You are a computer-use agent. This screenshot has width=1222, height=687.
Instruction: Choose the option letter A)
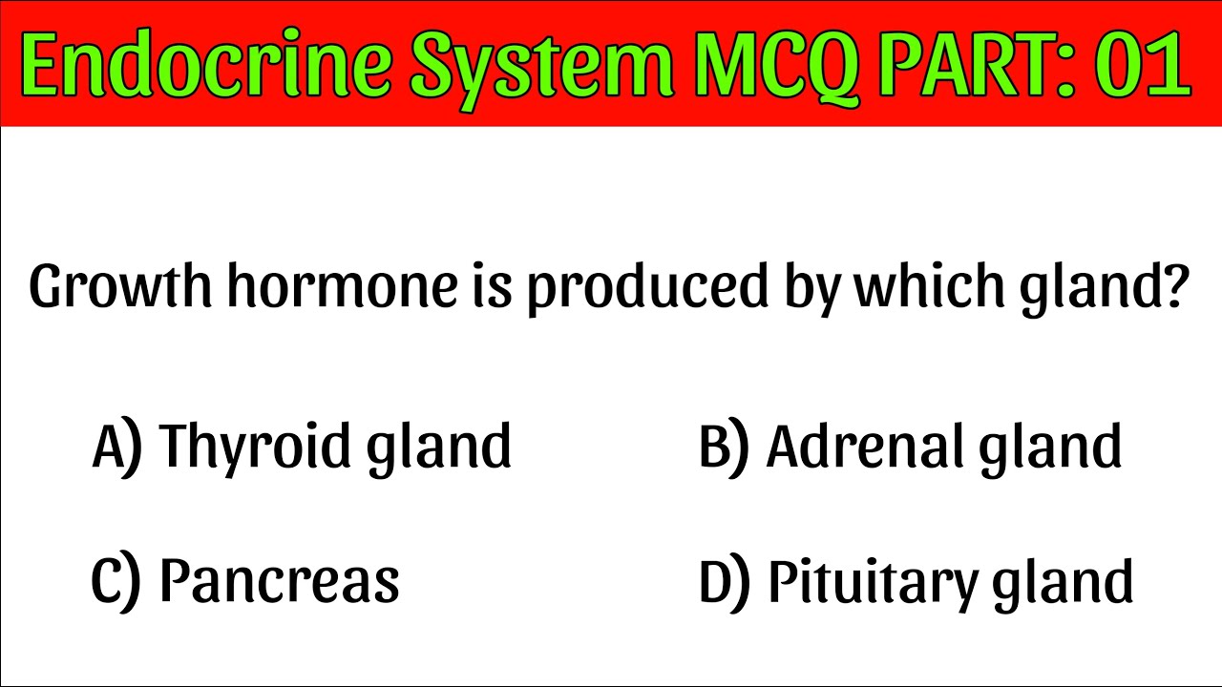point(116,447)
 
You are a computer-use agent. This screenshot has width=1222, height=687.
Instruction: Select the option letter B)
point(724,447)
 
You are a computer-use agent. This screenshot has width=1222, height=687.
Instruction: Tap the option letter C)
point(116,580)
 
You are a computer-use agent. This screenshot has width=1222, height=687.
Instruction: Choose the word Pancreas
point(279,580)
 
